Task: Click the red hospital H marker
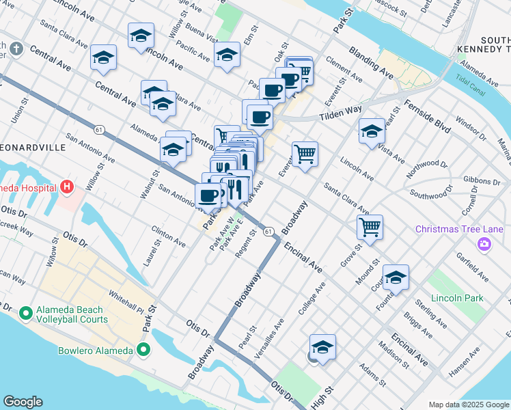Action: pyautogui.click(x=66, y=186)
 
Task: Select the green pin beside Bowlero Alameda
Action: pyautogui.click(x=143, y=351)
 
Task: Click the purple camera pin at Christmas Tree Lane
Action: pyautogui.click(x=484, y=244)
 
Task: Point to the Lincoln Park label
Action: pyautogui.click(x=457, y=298)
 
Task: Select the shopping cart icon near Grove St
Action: pyautogui.click(x=370, y=227)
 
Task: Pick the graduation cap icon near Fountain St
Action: pyautogui.click(x=396, y=277)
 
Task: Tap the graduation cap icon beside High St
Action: pyautogui.click(x=323, y=347)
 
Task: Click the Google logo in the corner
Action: pyautogui.click(x=23, y=402)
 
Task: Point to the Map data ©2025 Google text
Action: pyautogui.click(x=469, y=404)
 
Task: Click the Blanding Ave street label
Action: pyautogui.click(x=371, y=61)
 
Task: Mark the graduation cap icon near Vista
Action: pyautogui.click(x=372, y=131)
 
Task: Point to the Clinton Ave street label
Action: pyautogui.click(x=169, y=238)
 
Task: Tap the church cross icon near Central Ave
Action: pyautogui.click(x=16, y=49)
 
